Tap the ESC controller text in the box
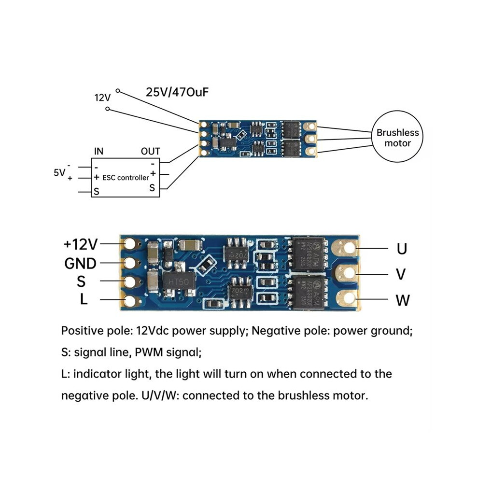126,178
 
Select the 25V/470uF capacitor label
177,92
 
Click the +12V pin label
81,244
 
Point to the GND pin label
81,264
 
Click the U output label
402,249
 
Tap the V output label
401,274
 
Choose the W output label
403,300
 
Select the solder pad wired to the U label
349,248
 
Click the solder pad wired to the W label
349,299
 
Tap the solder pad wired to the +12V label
130,244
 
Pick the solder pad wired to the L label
130,301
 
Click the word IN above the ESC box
99,151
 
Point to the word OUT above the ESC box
150,151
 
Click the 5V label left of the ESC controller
59,172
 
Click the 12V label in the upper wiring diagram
102,98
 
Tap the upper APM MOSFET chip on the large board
309,253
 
